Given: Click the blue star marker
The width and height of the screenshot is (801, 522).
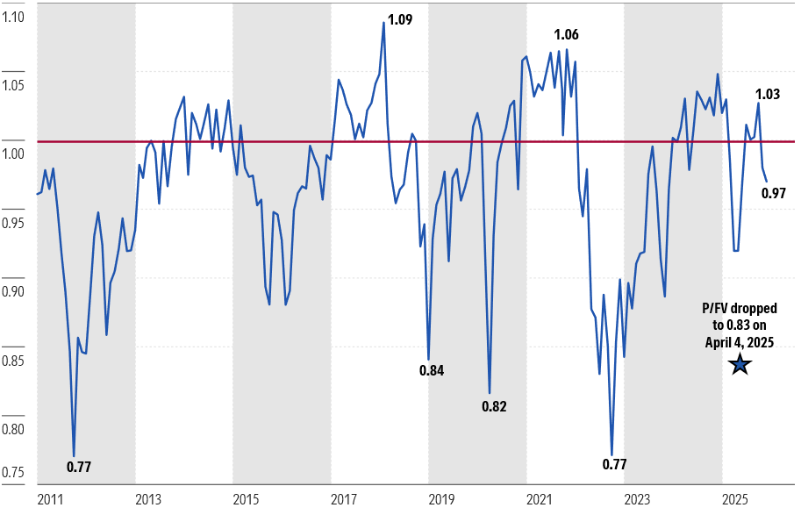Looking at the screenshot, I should point(740,365).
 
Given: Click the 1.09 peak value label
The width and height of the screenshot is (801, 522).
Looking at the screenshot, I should point(400,19).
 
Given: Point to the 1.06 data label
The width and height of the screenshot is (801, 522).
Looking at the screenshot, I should point(566,35).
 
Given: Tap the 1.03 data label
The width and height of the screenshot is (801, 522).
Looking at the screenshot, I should point(768,95).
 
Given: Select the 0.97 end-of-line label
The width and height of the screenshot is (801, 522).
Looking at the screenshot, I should point(773,193).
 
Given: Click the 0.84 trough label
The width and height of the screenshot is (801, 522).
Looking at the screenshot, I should point(432,370).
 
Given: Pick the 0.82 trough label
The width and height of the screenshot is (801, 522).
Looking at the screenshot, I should point(494,406).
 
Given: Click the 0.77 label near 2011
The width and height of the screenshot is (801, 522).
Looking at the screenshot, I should point(79,467).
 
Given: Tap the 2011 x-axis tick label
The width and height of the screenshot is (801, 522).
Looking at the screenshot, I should point(51,500).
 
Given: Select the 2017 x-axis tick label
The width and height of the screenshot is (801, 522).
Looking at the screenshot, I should point(344,500).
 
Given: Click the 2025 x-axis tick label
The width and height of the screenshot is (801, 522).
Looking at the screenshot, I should point(734,500).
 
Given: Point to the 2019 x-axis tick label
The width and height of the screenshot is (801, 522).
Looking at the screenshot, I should point(441,500).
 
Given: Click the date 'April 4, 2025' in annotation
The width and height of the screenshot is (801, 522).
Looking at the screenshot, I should point(740,342).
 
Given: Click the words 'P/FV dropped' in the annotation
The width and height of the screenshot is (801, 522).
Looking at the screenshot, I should point(740,310).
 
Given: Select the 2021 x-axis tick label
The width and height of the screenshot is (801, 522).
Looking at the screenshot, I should point(539,500).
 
